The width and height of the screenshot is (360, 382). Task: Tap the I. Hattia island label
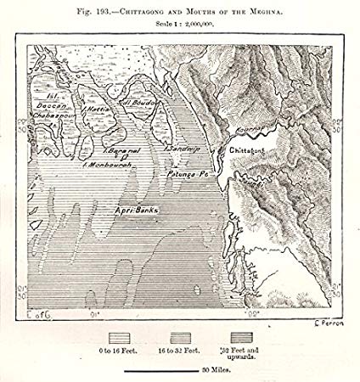coord(93,110)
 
